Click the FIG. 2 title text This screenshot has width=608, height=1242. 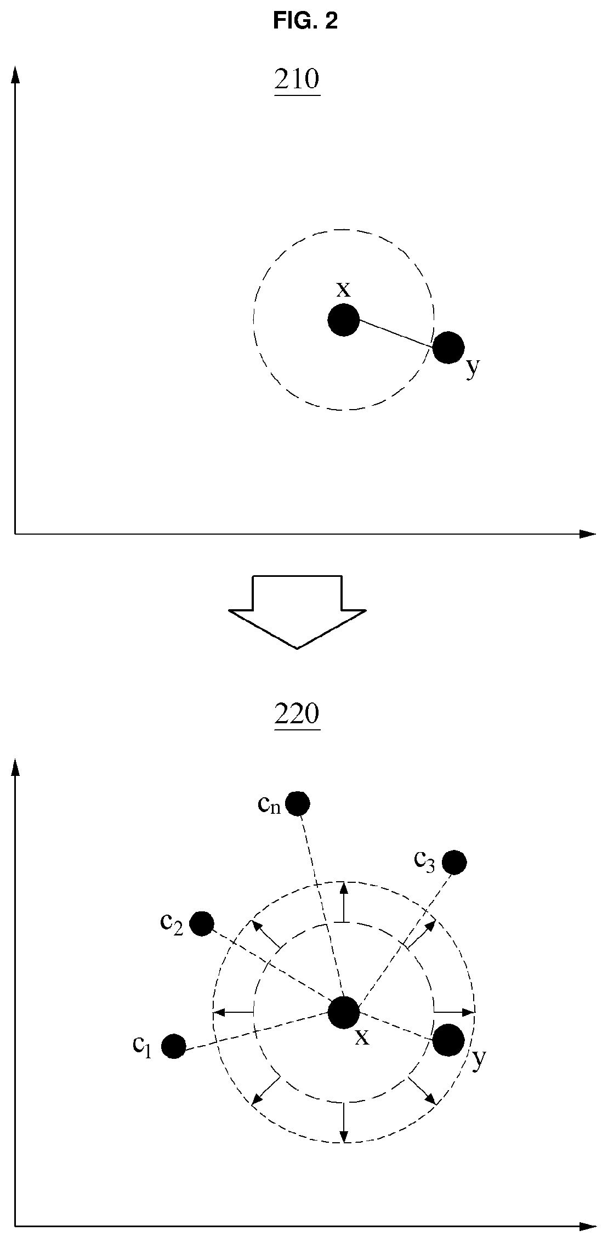click(x=305, y=21)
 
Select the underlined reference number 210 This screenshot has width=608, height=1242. click(x=297, y=80)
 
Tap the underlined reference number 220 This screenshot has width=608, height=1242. click(x=297, y=714)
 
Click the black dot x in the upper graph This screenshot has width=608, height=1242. click(x=344, y=320)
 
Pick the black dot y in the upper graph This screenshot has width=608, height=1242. click(x=448, y=347)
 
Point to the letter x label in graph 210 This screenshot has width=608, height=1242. click(x=343, y=289)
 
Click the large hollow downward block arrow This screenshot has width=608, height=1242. click(x=297, y=611)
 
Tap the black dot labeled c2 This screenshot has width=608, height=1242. click(x=201, y=924)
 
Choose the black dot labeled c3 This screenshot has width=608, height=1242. click(x=454, y=863)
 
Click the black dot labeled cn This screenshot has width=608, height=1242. click(x=298, y=804)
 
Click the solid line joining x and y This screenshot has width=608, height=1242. click(x=396, y=333)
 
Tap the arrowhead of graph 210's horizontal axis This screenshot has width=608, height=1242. click(x=587, y=533)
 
